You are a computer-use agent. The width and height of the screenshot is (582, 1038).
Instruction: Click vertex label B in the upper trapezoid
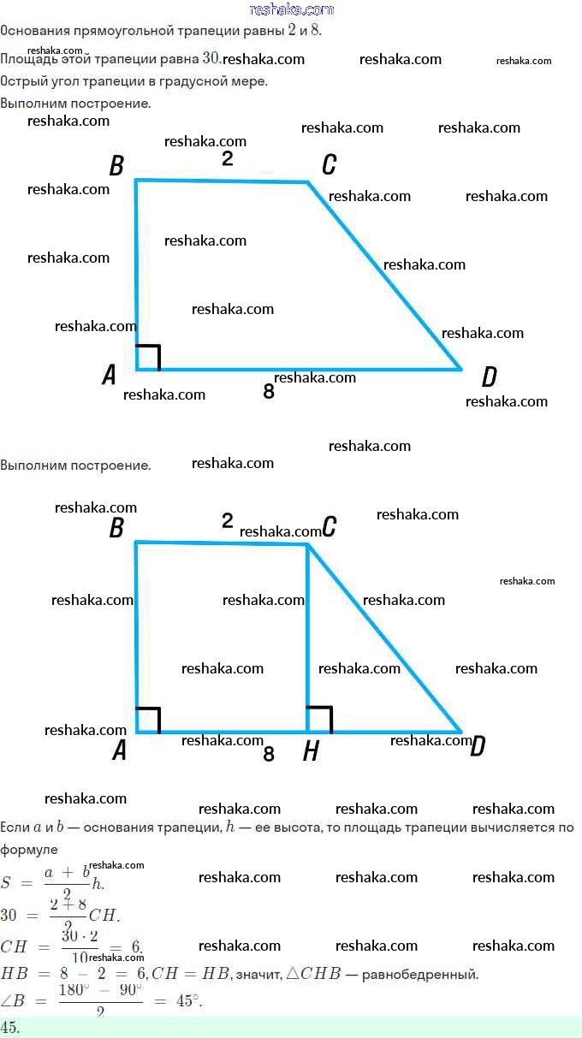pyautogui.click(x=117, y=166)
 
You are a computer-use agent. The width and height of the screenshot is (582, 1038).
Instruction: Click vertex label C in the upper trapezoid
pyautogui.click(x=329, y=165)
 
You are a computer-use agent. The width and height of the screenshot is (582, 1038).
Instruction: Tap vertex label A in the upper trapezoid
pyautogui.click(x=110, y=375)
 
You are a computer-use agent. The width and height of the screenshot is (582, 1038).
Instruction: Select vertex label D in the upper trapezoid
pyautogui.click(x=489, y=377)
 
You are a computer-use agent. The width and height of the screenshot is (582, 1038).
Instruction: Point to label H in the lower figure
pyautogui.click(x=312, y=751)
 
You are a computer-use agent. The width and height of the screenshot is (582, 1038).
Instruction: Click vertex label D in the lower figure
pyautogui.click(x=478, y=747)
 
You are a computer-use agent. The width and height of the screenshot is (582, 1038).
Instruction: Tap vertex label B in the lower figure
pyautogui.click(x=117, y=529)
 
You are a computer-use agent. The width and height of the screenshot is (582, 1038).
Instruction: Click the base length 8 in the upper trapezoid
pyautogui.click(x=269, y=393)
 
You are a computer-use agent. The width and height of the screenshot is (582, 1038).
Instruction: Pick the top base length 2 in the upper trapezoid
pyautogui.click(x=227, y=158)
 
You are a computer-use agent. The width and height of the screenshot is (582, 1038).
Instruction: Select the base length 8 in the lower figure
pyautogui.click(x=269, y=754)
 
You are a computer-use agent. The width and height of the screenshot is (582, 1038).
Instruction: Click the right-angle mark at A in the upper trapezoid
pyautogui.click(x=147, y=358)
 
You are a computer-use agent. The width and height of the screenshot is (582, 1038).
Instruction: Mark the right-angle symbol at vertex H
pyautogui.click(x=319, y=720)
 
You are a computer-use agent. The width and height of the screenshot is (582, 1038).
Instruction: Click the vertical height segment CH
pyautogui.click(x=307, y=633)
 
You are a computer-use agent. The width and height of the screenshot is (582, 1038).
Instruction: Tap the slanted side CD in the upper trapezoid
pyautogui.click(x=385, y=276)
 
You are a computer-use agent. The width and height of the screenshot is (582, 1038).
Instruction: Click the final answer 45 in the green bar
pyautogui.click(x=10, y=1027)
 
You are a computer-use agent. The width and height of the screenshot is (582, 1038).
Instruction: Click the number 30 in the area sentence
pyautogui.click(x=211, y=58)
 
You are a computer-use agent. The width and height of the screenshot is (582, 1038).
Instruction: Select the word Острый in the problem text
pyautogui.click(x=21, y=81)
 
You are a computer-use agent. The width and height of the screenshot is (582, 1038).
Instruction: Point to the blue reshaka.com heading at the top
pyautogui.click(x=292, y=9)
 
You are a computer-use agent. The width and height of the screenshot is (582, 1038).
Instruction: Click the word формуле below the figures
pyautogui.click(x=29, y=850)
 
